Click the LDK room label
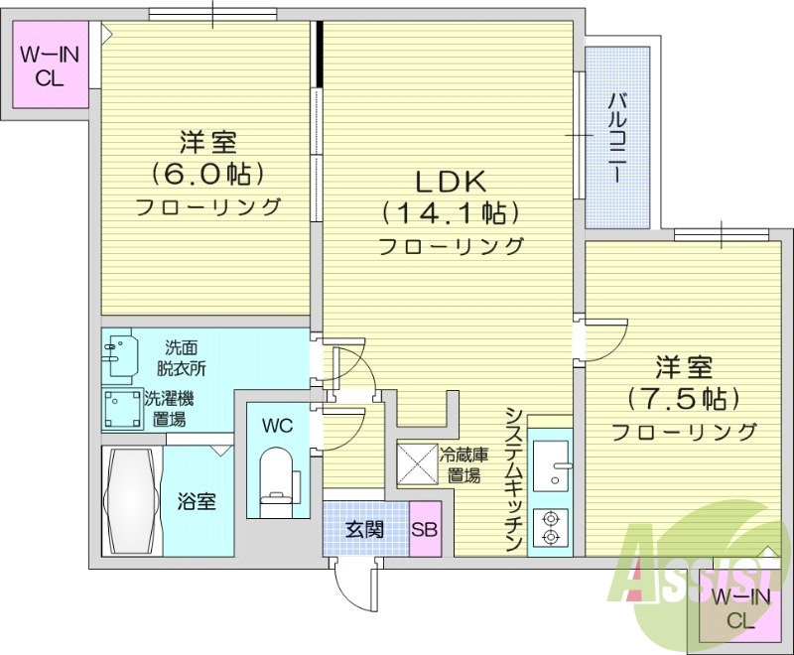pos(449,182)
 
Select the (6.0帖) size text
pos(208,174)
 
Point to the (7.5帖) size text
pos(684,399)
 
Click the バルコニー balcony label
pos(616,136)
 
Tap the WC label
pos(277,426)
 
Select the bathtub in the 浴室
pos(131,501)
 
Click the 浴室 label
pos(197,501)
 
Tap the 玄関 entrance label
pos(364,529)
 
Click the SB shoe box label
pos(425,529)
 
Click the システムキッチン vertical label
pos(513,479)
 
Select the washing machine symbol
pos(122,408)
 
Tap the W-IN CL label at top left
pos(44,66)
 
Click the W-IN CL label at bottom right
pos(739,608)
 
